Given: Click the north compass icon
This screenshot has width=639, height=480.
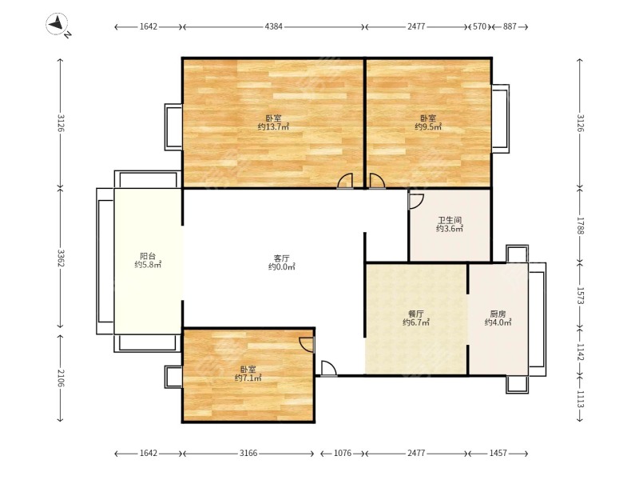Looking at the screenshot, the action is click(58, 25).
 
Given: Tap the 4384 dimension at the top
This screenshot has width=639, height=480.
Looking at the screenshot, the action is click(273, 26).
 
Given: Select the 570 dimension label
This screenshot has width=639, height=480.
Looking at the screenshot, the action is click(479, 26).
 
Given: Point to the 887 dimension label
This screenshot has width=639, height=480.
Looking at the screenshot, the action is click(510, 26).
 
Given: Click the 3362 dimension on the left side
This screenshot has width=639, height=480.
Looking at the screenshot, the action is click(61, 258).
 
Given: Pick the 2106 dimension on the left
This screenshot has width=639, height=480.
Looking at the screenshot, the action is click(61, 378).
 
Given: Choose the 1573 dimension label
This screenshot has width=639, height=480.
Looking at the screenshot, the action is click(581, 295).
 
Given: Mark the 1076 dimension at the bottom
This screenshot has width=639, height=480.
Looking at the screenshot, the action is click(343, 453).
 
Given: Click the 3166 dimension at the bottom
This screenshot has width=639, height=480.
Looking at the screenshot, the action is click(248, 453).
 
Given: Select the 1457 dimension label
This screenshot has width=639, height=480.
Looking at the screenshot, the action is click(498, 453).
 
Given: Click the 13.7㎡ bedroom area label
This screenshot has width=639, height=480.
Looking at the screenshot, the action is click(273, 127).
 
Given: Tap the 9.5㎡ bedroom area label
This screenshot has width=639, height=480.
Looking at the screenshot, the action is click(428, 127).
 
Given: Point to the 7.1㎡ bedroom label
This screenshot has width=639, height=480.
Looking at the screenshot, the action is click(248, 378).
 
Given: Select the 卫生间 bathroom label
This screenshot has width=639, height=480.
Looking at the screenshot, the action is click(450, 221).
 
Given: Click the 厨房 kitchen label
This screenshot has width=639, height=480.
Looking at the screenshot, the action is click(498, 314).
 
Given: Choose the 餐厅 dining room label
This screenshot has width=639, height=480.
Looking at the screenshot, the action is click(416, 314).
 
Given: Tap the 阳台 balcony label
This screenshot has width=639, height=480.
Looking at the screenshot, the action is click(148, 256).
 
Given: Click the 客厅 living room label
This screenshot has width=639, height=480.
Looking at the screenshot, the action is click(282, 258).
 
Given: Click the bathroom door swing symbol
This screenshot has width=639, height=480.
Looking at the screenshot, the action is click(416, 202).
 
